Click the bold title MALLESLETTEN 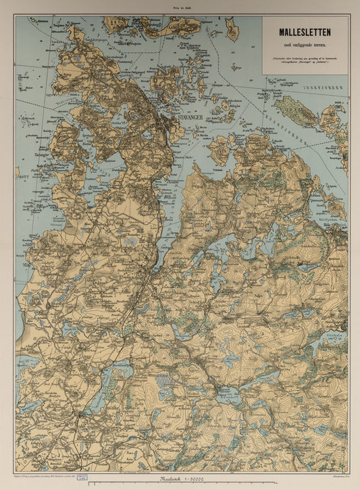coord(305,32)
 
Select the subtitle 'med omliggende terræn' coord(305,45)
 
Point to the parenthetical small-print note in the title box coord(305,59)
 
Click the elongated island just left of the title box coord(232,30)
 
